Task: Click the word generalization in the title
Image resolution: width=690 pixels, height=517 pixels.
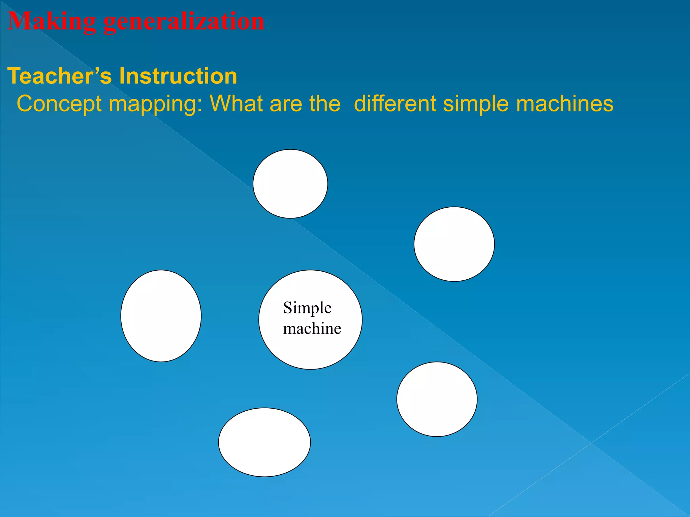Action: click(x=184, y=22)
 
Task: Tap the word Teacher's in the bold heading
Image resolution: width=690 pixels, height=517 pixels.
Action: click(x=59, y=76)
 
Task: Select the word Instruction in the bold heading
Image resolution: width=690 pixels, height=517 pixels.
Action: click(x=178, y=76)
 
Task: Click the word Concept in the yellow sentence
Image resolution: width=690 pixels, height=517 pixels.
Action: click(x=59, y=104)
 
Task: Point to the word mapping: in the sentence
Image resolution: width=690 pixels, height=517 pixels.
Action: click(x=155, y=104)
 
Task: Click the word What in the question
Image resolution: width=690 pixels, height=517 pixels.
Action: click(x=236, y=104)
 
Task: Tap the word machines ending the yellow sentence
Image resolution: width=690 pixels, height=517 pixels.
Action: click(x=565, y=104)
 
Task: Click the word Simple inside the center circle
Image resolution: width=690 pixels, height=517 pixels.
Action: click(x=307, y=308)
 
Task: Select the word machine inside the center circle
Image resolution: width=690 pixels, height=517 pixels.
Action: click(x=312, y=329)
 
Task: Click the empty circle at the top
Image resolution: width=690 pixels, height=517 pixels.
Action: click(x=290, y=184)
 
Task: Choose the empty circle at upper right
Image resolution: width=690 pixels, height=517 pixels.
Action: click(x=454, y=244)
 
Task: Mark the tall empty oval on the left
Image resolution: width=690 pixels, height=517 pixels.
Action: click(x=161, y=316)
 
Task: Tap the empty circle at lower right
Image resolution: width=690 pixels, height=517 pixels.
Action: click(x=437, y=399)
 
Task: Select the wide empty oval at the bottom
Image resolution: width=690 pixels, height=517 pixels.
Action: click(x=264, y=442)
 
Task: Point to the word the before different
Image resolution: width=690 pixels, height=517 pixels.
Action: click(x=325, y=104)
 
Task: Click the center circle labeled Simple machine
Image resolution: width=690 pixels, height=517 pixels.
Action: click(x=310, y=350)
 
